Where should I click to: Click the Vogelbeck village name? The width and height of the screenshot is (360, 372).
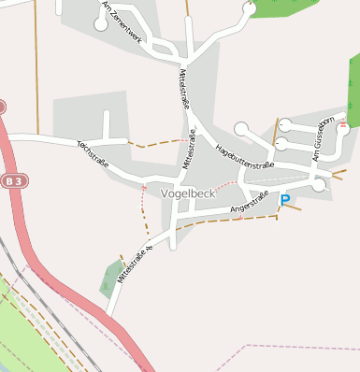(187, 193)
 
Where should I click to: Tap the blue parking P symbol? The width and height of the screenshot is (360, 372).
(285, 199)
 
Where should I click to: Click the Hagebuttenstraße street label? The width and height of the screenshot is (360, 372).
(244, 153)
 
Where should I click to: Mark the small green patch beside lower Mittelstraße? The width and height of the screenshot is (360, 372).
(112, 275)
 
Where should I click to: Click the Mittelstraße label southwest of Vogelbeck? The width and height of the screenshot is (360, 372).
(135, 264)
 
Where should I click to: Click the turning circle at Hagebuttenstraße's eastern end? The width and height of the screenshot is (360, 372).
(319, 185)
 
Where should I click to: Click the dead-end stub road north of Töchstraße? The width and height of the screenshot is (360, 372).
(107, 124)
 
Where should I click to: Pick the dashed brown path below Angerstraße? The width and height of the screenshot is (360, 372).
(229, 222)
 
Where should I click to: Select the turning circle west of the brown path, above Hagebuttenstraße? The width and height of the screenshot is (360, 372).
(241, 128)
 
